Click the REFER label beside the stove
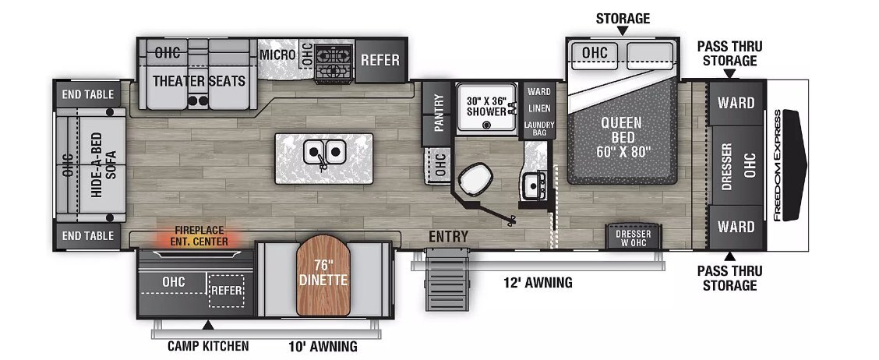click(380, 60)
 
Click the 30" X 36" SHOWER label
click(486, 107)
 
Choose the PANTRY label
click(438, 112)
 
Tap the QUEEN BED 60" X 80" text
click(622, 136)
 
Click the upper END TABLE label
click(88, 94)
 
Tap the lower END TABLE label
click(88, 236)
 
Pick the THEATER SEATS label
click(199, 81)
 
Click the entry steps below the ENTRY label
click(447, 281)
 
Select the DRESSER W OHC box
click(633, 237)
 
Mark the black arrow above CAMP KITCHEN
click(208, 325)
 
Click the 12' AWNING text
click(538, 283)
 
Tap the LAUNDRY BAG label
click(539, 129)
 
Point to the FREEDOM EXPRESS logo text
click(778, 165)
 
